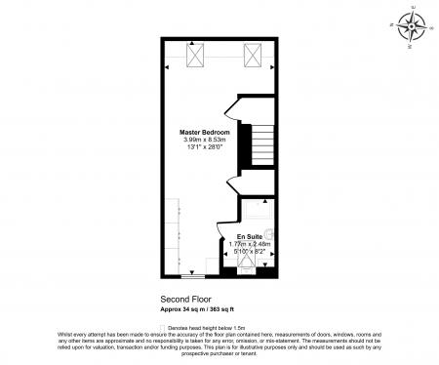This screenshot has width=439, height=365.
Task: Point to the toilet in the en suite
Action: coord(269,235)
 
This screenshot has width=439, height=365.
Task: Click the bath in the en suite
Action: coord(258,211)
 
